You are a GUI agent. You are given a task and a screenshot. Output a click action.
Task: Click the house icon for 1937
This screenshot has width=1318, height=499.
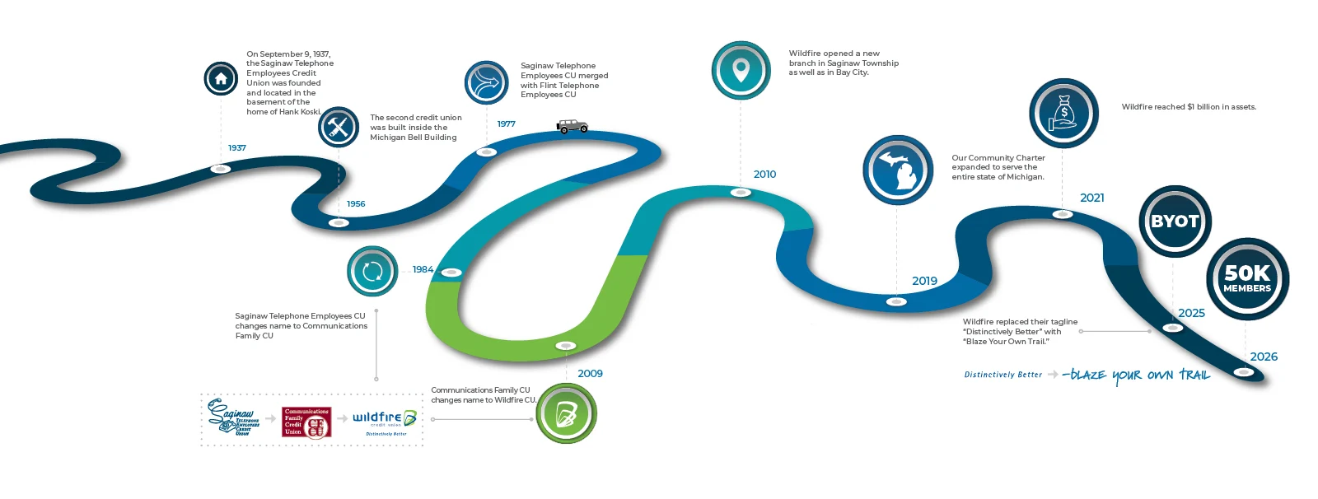[221, 79]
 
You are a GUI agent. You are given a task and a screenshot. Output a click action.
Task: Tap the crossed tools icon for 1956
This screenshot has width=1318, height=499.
[339, 127]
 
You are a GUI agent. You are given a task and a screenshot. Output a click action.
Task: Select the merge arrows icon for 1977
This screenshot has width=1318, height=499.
[486, 82]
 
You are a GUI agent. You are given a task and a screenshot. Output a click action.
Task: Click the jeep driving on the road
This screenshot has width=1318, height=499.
[572, 126]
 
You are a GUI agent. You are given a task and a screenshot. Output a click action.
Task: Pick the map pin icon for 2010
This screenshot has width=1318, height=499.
[741, 71]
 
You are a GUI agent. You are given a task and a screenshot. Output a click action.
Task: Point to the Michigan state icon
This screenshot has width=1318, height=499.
[898, 170]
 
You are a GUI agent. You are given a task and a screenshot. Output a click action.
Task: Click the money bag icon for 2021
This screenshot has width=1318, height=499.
[1063, 113]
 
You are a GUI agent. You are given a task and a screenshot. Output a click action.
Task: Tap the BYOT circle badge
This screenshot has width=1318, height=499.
[1175, 221]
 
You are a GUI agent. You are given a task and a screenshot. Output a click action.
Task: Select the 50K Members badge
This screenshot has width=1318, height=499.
[1247, 278]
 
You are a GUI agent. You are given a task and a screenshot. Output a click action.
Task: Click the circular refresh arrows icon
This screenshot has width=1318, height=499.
[372, 271]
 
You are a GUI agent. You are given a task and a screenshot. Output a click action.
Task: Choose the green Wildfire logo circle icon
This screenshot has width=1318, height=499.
[566, 413]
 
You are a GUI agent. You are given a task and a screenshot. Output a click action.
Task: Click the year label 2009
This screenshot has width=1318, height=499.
[590, 374]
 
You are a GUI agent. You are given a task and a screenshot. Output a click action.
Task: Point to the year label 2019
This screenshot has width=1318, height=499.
[924, 281]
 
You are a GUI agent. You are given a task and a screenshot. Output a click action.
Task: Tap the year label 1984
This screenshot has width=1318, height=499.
[423, 269]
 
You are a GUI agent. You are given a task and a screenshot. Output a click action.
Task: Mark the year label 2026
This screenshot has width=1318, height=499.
[1264, 357]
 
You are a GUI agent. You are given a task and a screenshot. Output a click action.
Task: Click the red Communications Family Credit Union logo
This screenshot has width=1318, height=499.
[306, 422]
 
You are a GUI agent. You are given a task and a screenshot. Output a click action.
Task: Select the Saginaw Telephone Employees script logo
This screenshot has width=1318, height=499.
[233, 417]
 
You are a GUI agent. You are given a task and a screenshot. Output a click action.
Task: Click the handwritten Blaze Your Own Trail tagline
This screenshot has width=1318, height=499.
[1137, 375]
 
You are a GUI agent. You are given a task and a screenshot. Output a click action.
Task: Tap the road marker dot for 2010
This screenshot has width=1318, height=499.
[741, 193]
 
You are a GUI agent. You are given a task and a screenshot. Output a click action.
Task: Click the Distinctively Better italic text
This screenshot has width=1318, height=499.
[1003, 375]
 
